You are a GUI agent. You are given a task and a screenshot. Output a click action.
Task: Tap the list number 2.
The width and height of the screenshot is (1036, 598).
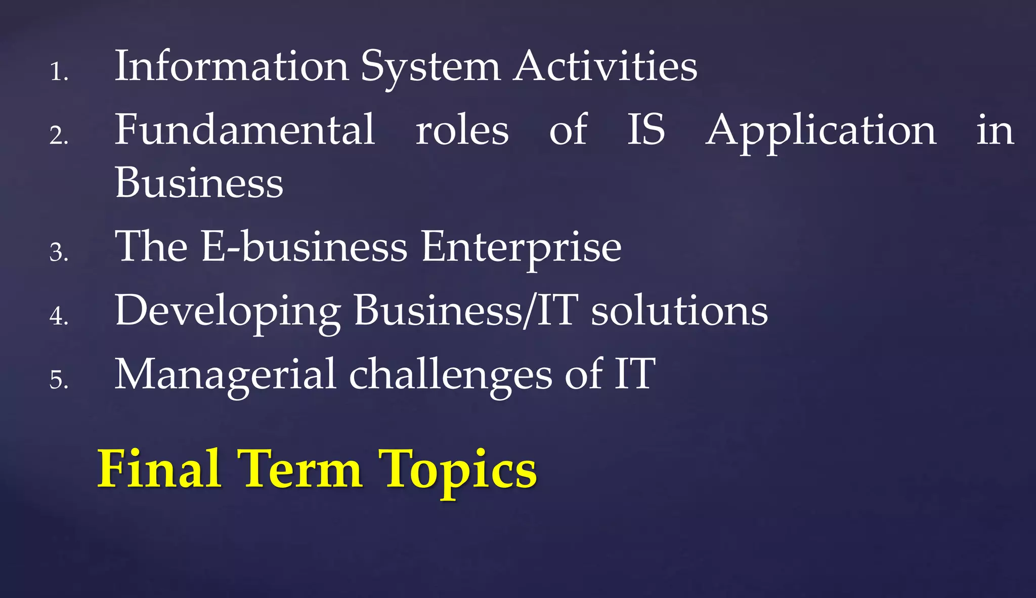[x=58, y=135]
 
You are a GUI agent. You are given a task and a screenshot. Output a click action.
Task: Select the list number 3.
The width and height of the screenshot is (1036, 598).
[x=58, y=252]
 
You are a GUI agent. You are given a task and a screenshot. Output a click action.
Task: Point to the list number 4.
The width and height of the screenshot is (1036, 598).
[x=58, y=316]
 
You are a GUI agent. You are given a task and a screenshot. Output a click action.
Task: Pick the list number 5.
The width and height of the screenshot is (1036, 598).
[x=58, y=379]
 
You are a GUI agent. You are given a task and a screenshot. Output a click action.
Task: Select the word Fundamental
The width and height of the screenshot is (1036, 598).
[x=245, y=130]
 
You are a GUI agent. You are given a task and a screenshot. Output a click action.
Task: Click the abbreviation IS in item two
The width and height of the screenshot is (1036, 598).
[x=646, y=130]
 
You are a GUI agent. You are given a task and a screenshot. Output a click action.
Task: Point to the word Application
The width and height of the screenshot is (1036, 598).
[x=821, y=133]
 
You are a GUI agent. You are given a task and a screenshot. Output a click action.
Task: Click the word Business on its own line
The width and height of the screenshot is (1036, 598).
[x=199, y=183]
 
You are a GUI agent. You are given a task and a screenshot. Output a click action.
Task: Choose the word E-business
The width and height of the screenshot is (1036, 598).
[x=304, y=246]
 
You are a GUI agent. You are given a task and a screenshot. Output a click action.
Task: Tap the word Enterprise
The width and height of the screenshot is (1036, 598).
[x=521, y=248]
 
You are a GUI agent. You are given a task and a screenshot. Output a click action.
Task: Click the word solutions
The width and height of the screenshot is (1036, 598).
[x=679, y=311]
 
